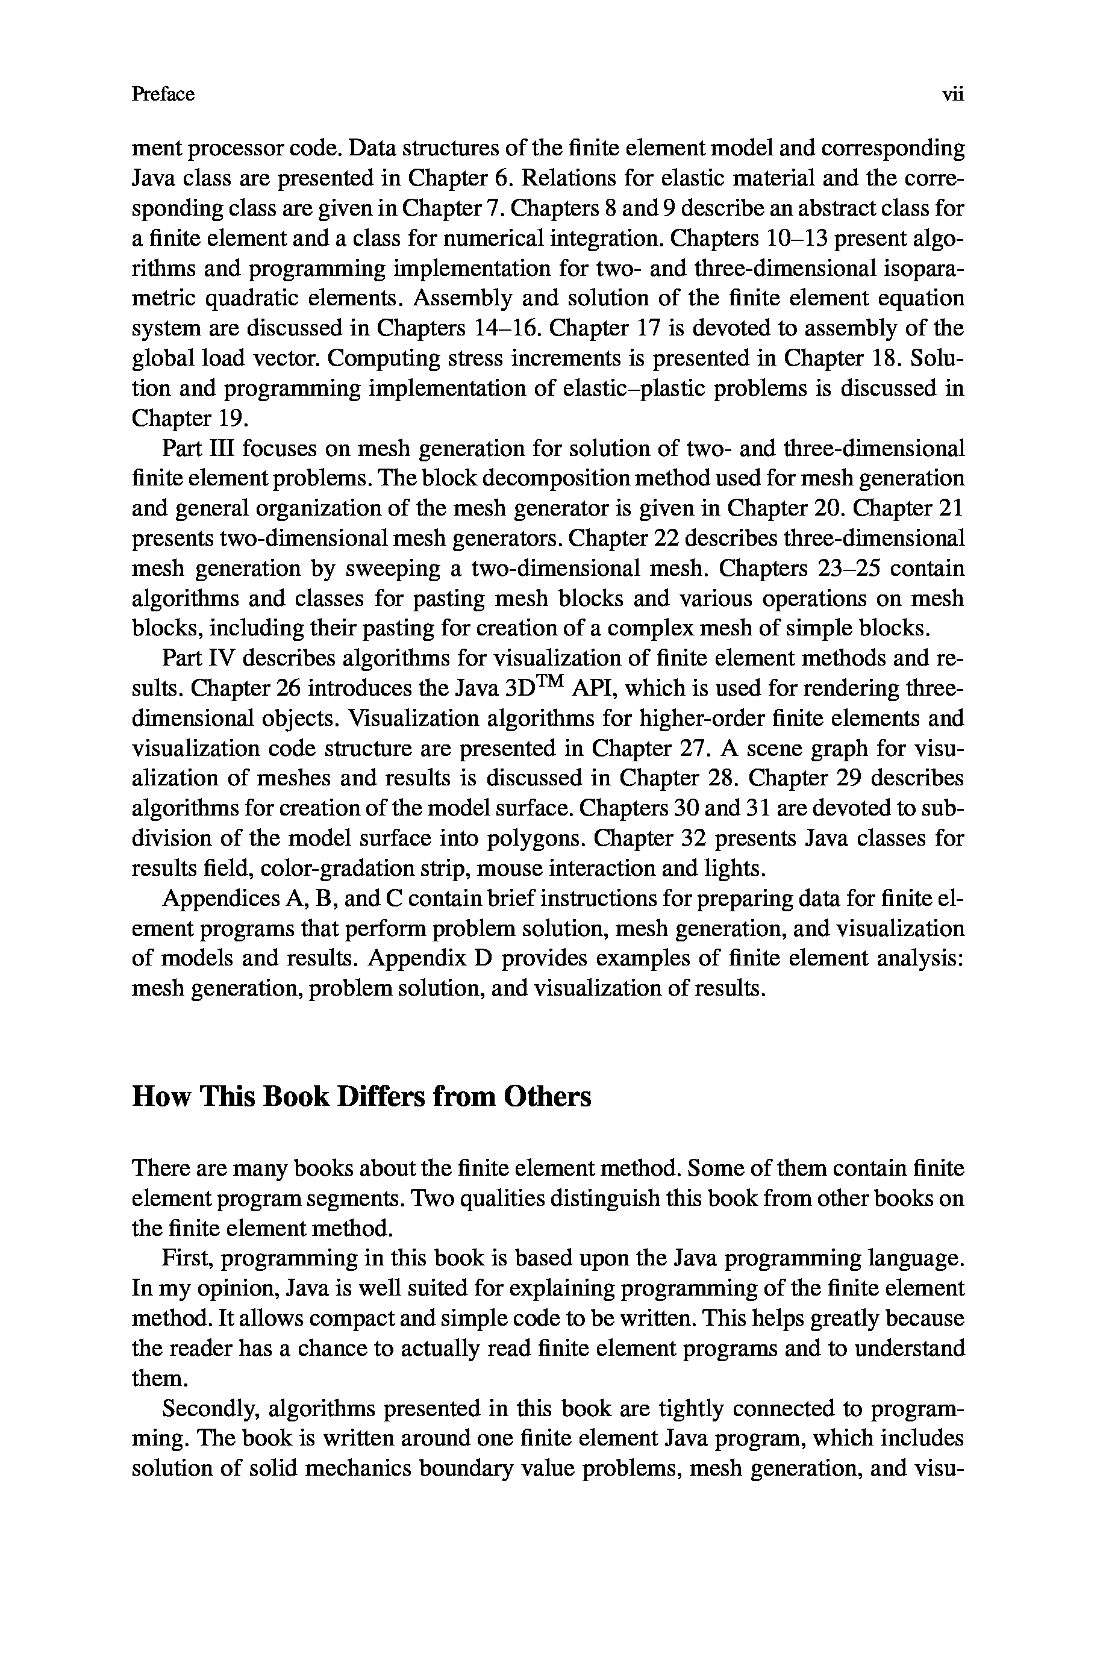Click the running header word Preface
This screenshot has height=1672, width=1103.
[163, 94]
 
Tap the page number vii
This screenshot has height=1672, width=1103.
[952, 94]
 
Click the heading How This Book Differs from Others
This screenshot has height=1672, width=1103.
[361, 1097]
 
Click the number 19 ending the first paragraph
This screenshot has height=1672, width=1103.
[232, 419]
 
